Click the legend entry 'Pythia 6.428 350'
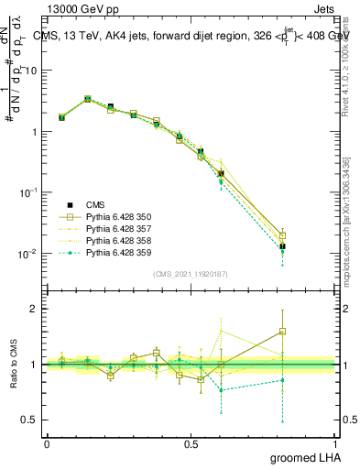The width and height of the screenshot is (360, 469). [119, 217]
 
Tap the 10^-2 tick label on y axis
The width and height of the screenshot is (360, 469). [30, 254]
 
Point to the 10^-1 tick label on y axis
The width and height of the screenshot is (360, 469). [30, 192]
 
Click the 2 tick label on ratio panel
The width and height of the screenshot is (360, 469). [36, 309]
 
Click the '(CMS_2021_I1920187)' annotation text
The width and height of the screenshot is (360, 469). [191, 273]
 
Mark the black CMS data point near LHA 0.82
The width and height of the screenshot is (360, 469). [282, 246]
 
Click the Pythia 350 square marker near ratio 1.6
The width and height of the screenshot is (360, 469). [282, 331]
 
